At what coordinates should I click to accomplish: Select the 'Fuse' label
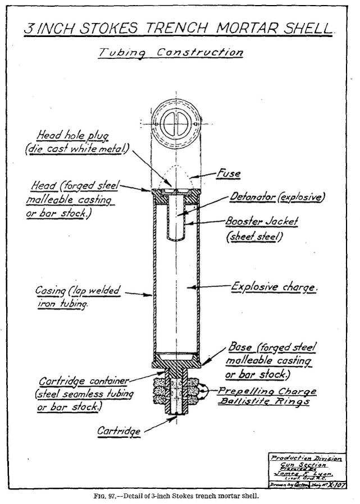pos(229,173)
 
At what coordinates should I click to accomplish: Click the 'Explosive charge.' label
pos(275,287)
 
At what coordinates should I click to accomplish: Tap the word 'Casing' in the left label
pos(50,291)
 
